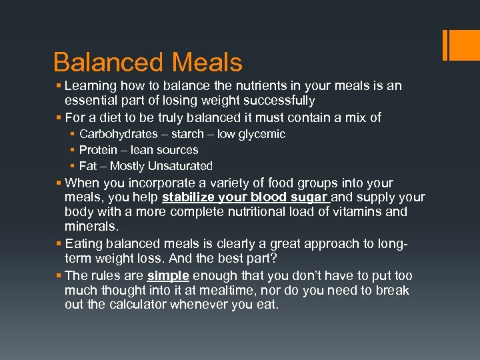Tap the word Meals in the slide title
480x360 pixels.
click(207, 63)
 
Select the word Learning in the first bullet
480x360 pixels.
click(92, 86)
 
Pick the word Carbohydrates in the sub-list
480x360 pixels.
click(117, 134)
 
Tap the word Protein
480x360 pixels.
click(99, 150)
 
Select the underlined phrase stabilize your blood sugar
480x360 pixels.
click(245, 197)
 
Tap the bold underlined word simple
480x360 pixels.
click(168, 275)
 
